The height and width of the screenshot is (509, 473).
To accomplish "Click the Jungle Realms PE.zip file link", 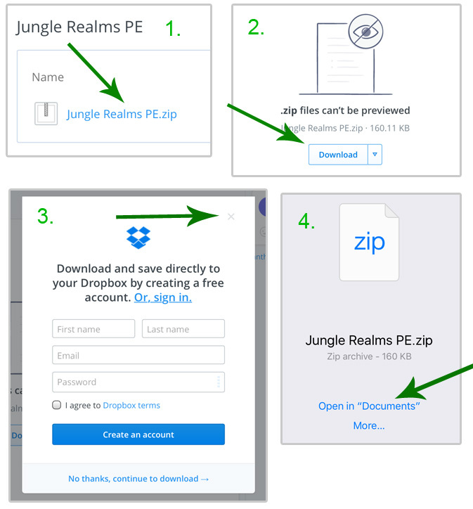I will click(122, 114).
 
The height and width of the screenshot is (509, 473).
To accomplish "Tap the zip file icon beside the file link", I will click(46, 113).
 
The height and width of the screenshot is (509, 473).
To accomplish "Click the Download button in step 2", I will click(338, 155).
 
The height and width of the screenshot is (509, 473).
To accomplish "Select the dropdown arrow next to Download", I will click(375, 155).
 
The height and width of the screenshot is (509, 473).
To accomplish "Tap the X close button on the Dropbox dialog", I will click(231, 217).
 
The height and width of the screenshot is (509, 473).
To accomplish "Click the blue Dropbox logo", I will click(138, 237).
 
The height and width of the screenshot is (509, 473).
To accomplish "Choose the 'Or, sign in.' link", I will click(163, 297).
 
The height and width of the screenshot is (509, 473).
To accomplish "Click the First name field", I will click(93, 329).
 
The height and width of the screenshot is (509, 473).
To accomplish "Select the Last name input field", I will click(183, 329).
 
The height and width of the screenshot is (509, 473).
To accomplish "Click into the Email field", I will click(138, 355).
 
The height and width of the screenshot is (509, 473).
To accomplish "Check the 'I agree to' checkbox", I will click(56, 405).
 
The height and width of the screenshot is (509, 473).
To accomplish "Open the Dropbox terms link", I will click(131, 406).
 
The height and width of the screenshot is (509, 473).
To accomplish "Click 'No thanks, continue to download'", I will click(138, 479).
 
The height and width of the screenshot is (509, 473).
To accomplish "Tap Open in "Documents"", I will click(369, 406).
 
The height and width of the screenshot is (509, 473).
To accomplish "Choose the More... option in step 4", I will click(369, 425).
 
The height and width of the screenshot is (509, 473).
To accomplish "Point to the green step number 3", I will click(45, 217).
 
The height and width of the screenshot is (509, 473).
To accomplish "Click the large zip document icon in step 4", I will click(369, 242).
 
